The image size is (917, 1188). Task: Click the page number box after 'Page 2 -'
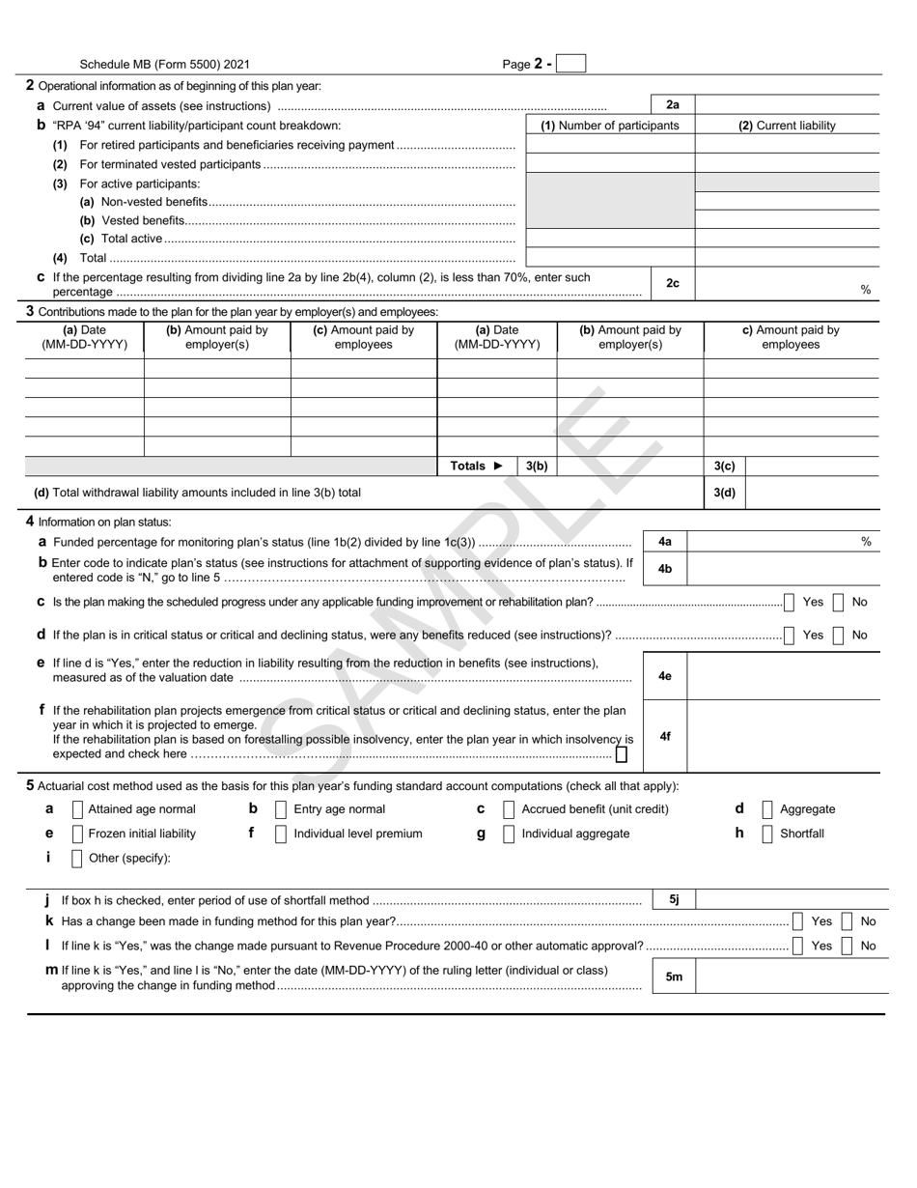[571, 64]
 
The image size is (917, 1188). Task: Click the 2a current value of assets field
[787, 105]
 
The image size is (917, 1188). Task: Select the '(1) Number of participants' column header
[609, 126]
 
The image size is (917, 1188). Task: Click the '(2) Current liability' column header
[787, 126]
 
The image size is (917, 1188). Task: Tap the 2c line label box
[673, 283]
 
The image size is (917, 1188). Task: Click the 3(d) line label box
[724, 493]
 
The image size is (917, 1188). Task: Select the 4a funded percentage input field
[772, 542]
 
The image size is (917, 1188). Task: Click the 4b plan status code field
[783, 569]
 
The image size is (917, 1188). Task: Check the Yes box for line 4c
[790, 603]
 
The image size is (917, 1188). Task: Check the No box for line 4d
[839, 636]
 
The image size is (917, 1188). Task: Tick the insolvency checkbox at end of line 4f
[622, 754]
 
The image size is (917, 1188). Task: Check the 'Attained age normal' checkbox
[77, 809]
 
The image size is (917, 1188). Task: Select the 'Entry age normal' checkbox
[281, 809]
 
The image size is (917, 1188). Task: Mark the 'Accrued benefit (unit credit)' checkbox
[509, 809]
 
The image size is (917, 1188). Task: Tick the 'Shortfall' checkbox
[767, 834]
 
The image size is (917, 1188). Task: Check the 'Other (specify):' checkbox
[77, 858]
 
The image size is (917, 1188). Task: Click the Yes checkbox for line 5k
[798, 921]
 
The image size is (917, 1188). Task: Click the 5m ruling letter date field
[792, 976]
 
